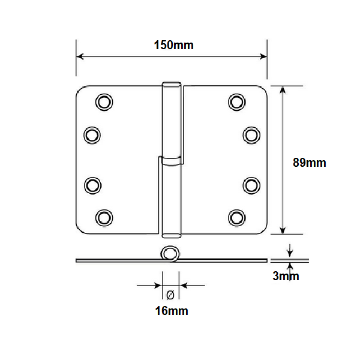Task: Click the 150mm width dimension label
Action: point(174,45)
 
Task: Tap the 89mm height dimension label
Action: point(310,163)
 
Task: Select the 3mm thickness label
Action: point(286,276)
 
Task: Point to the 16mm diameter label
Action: point(172,311)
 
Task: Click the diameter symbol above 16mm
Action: point(170,295)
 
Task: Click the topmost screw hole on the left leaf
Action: point(104,102)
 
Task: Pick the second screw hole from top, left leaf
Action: point(92,135)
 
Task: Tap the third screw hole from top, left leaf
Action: point(93,185)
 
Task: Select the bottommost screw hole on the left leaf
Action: point(104,218)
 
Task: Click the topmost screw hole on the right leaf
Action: point(237,102)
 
